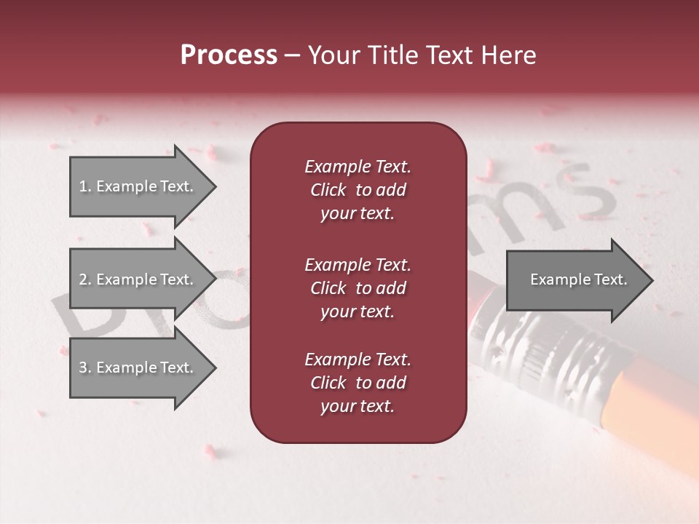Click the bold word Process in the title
[229, 55]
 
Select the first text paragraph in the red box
[358, 190]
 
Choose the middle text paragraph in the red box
[358, 287]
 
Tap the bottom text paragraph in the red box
[358, 383]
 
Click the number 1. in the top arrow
[85, 187]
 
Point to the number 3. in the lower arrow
[85, 368]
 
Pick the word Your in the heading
[334, 55]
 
